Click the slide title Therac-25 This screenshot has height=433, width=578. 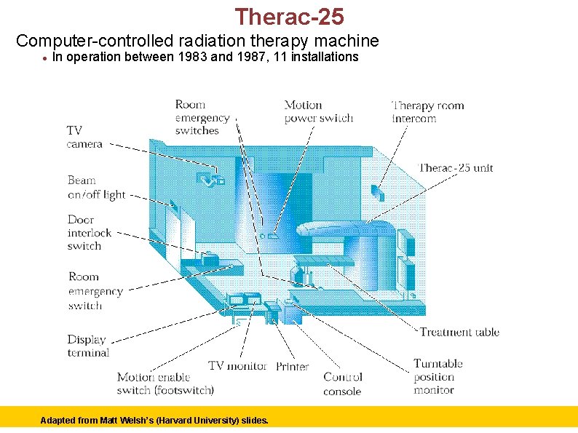[x=289, y=16]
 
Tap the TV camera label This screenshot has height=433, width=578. [x=84, y=137]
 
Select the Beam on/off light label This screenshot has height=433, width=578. [x=96, y=187]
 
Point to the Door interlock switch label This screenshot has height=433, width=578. [x=90, y=232]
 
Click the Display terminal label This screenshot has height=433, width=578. [x=88, y=346]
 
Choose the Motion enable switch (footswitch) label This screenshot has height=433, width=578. [x=165, y=384]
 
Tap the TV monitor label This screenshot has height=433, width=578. [x=237, y=365]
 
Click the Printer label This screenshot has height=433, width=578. [x=292, y=366]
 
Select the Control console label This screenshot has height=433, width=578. [x=342, y=384]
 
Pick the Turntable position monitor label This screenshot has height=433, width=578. [x=438, y=376]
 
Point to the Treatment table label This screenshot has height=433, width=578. [x=459, y=332]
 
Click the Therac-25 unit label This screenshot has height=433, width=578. [x=456, y=167]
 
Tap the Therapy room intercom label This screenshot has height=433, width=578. [x=427, y=111]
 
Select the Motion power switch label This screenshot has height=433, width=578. [x=318, y=111]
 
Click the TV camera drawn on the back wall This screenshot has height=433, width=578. [x=213, y=177]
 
